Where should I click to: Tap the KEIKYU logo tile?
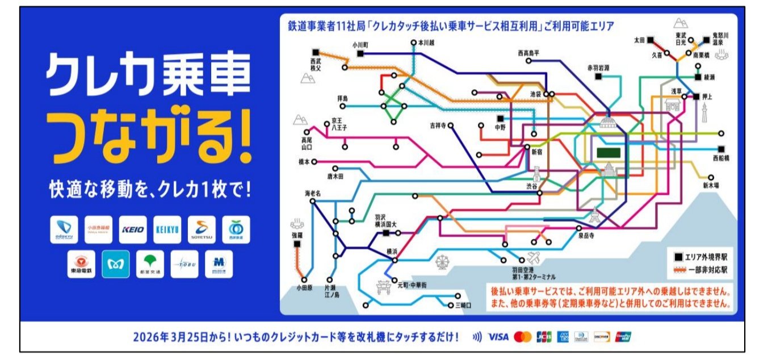[x=167, y=230]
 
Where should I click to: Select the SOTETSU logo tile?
[x=202, y=230]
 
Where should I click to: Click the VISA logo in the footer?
[x=498, y=337]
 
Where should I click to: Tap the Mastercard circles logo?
[x=522, y=337]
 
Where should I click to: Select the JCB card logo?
[x=543, y=337]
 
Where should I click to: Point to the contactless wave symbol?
[x=477, y=337]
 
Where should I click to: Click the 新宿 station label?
[x=537, y=152]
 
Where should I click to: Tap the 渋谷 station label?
[x=531, y=186]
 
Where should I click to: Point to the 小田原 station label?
[x=304, y=288]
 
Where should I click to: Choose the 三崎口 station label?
[x=464, y=305]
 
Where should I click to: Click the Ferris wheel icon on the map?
[x=443, y=263]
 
